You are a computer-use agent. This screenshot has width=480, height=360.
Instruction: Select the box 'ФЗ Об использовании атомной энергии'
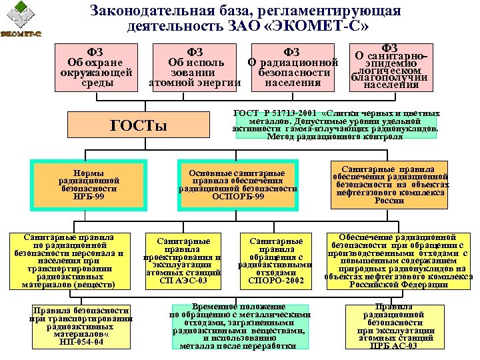195,67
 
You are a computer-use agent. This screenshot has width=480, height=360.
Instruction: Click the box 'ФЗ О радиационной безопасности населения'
293,67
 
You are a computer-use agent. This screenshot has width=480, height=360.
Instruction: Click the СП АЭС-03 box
183,261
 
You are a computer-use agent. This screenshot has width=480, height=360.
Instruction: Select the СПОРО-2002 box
275,261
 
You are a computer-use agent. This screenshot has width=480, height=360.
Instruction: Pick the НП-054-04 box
79,326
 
